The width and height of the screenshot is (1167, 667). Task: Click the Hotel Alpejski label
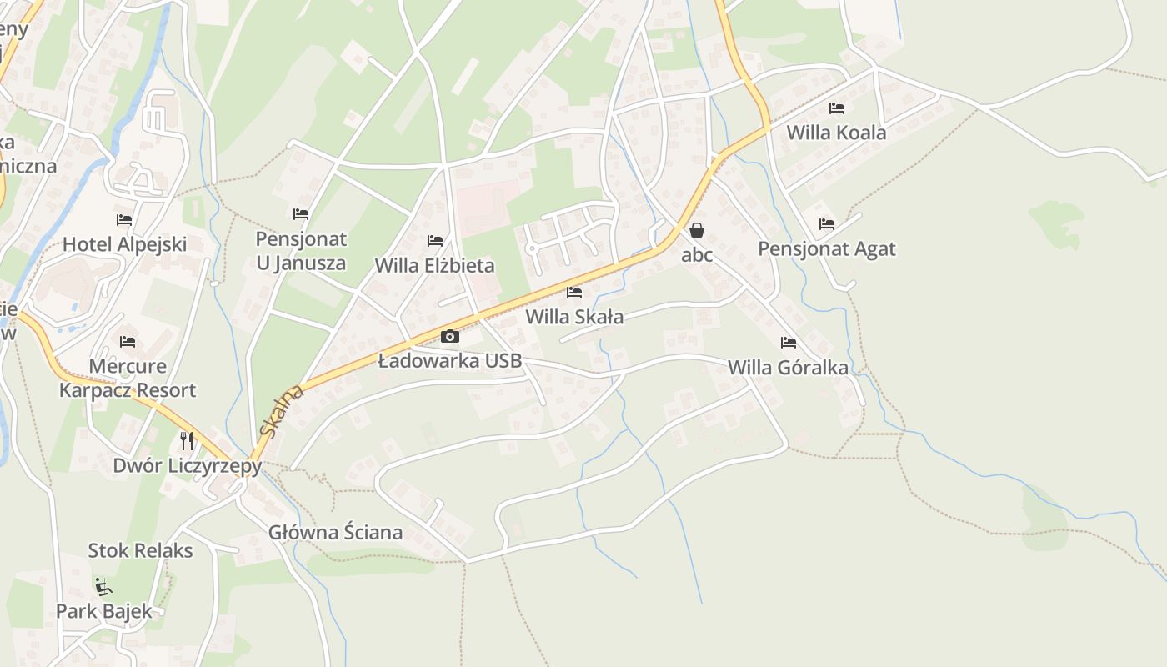125,245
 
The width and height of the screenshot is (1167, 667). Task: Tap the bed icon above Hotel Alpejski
124,220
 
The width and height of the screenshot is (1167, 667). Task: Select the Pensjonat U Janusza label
301,251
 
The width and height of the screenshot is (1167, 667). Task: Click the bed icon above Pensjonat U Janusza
301,214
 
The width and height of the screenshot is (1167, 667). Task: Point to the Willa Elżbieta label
434,266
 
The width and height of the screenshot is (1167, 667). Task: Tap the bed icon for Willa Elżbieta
435,241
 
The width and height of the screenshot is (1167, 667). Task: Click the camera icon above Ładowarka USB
450,336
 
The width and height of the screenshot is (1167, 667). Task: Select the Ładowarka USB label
450,361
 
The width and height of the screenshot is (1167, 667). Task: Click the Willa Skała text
574,317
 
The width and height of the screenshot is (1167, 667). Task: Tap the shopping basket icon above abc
697,229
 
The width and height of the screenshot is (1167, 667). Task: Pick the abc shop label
697,254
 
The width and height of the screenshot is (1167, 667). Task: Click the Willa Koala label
836,133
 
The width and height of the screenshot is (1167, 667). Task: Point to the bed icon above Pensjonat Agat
827,223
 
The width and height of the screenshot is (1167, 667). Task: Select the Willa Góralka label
788,368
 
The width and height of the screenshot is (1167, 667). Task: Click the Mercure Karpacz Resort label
128,379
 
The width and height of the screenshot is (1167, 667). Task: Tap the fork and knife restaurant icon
187,440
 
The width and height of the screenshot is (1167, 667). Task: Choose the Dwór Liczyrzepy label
188,465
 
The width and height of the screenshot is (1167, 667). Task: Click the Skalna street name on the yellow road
279,412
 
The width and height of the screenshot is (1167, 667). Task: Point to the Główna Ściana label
335,532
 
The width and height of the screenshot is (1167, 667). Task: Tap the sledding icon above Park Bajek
103,587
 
